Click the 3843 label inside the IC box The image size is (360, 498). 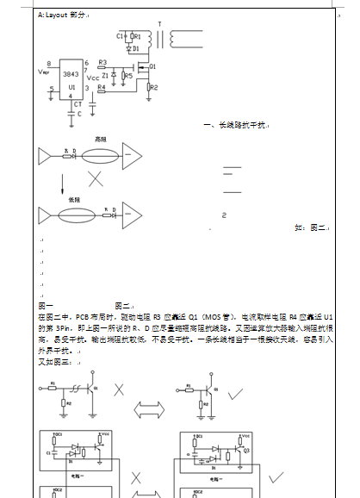(x=71, y=74)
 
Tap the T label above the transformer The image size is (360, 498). (x=159, y=24)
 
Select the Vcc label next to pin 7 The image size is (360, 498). (x=94, y=77)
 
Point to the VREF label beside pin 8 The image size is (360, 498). (x=44, y=72)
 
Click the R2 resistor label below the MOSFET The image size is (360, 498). (x=155, y=86)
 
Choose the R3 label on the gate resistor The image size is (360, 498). (x=102, y=63)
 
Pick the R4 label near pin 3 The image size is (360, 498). (x=102, y=87)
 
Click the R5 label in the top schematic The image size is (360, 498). (x=128, y=76)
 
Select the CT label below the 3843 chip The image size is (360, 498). (x=78, y=103)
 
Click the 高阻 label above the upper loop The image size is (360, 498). (x=100, y=138)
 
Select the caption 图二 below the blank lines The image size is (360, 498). (x=122, y=306)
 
